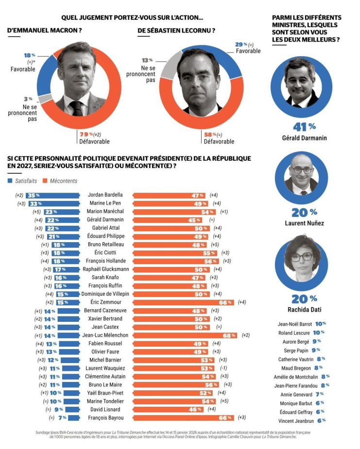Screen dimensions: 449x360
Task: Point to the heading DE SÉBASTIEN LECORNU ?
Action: click(176, 31)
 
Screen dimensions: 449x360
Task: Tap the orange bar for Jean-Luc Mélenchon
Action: click(185, 335)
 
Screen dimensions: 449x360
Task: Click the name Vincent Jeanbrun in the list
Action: click(295, 420)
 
